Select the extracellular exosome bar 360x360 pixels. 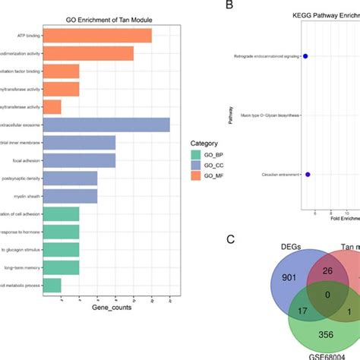point(106,124)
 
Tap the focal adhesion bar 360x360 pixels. point(79,159)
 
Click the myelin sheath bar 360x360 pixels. point(71,195)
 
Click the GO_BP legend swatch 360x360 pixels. point(197,154)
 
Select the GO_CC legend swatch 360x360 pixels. point(197,166)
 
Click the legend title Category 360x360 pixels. point(205,143)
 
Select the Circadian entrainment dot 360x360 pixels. point(308,175)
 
